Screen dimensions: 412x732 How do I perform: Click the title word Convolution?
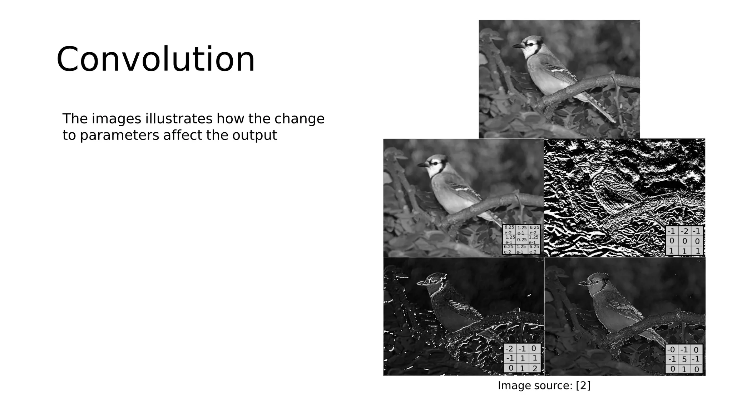coord(155,59)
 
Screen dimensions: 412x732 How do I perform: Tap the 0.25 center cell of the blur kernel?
coord(521,240)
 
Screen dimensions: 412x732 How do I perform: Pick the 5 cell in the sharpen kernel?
coord(684,359)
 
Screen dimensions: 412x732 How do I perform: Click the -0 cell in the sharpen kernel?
coord(671,350)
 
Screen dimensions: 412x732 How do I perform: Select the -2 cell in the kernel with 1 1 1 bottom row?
coord(684,231)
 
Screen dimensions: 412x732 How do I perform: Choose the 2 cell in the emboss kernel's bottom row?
coord(534,368)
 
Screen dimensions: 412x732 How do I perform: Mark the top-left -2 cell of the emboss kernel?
coord(510,349)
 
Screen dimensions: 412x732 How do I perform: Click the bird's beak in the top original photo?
coord(517,46)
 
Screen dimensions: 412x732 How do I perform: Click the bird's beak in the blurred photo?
coord(422,165)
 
